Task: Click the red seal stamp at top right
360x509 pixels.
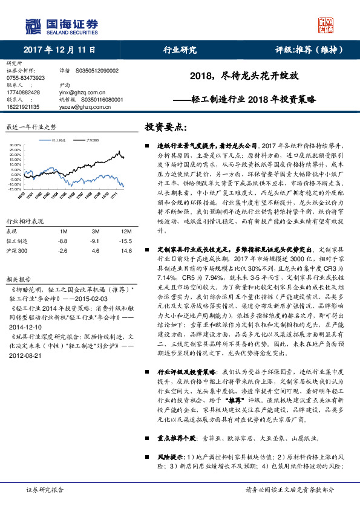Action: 326,25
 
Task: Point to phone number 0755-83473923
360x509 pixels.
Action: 25,78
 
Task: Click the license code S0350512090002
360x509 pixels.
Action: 97,71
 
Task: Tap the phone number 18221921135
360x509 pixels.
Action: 23,106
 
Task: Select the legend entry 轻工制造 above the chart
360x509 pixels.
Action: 59,139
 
